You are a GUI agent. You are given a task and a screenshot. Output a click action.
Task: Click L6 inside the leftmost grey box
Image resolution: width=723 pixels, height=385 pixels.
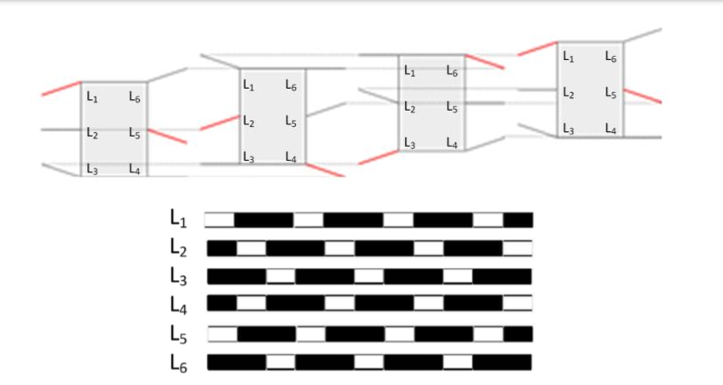click(x=135, y=98)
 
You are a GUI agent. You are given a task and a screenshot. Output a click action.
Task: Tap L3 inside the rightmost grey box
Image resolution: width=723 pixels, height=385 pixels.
click(x=568, y=129)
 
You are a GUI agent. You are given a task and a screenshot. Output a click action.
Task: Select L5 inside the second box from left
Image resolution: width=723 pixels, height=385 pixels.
click(x=291, y=122)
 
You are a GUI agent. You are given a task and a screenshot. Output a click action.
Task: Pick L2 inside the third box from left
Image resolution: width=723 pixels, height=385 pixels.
click(x=409, y=108)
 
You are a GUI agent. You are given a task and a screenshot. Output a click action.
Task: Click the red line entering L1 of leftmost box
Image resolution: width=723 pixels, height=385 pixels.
click(x=61, y=89)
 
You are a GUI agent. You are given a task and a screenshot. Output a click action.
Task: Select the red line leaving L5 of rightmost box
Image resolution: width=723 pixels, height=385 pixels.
click(x=642, y=95)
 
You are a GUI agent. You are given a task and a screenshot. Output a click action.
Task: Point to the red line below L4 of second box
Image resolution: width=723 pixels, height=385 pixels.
click(x=325, y=169)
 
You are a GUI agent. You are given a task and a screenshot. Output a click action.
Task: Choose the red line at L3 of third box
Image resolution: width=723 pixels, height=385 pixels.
click(x=378, y=156)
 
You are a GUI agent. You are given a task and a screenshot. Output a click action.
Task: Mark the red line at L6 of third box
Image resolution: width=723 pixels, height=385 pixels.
click(x=485, y=62)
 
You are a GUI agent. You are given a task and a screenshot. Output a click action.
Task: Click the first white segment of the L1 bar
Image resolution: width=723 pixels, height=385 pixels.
click(x=220, y=220)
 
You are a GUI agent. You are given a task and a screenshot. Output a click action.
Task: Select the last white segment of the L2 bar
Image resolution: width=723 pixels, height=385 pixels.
click(x=517, y=249)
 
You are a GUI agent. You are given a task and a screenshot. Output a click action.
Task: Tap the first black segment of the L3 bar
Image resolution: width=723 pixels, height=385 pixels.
click(x=236, y=277)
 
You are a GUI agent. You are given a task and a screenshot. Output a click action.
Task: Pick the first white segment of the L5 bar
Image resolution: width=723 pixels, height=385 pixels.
click(x=222, y=333)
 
